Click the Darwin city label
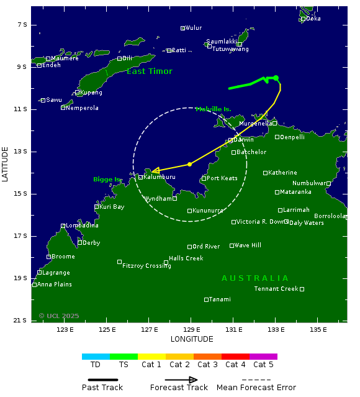click(244, 140)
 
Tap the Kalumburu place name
click(160, 177)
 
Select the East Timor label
click(150, 71)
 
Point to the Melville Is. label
click(213, 109)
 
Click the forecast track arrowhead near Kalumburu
click(155, 170)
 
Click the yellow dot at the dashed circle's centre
click(189, 164)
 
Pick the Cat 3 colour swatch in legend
click(207, 357)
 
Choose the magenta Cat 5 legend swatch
click(263, 357)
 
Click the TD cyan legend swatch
click(96, 357)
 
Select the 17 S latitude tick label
click(22, 236)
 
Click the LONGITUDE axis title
click(192, 339)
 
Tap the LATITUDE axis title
click(6, 164)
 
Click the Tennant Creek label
click(276, 289)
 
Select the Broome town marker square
click(48, 257)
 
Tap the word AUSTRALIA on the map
click(255, 278)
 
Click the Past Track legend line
click(102, 380)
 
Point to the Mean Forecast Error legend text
click(256, 388)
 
